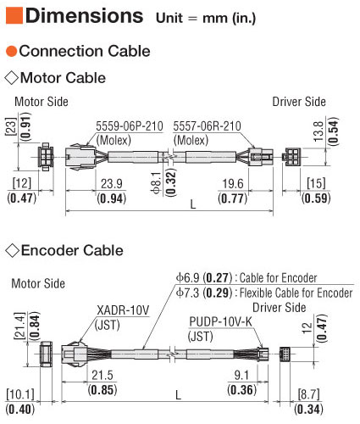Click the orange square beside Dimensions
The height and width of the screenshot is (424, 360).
point(14,15)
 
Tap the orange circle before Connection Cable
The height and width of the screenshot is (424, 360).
point(12,51)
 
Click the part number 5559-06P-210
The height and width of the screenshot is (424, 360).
point(130,126)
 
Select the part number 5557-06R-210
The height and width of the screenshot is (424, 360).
point(207,126)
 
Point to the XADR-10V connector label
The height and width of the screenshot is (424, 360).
point(123,310)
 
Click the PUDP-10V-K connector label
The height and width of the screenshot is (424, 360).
point(220,321)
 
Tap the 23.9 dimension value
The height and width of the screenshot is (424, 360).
point(112,184)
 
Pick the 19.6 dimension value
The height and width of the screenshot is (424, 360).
point(233,184)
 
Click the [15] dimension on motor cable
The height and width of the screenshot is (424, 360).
point(316,183)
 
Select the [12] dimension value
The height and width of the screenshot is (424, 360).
point(22,183)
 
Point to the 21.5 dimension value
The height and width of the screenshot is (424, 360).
point(102,376)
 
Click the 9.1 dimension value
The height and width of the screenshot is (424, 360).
point(241,376)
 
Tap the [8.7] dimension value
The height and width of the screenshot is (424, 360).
point(309,394)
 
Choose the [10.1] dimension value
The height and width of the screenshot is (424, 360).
point(20,394)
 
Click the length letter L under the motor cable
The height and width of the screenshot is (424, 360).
point(193,204)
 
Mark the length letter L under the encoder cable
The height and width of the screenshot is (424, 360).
point(178,395)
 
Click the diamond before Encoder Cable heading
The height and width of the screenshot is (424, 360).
point(12,251)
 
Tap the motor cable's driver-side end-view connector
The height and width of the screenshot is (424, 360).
point(291,157)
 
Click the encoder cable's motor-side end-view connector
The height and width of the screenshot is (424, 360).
point(46,354)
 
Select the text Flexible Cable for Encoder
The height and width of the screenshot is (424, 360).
point(296,293)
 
